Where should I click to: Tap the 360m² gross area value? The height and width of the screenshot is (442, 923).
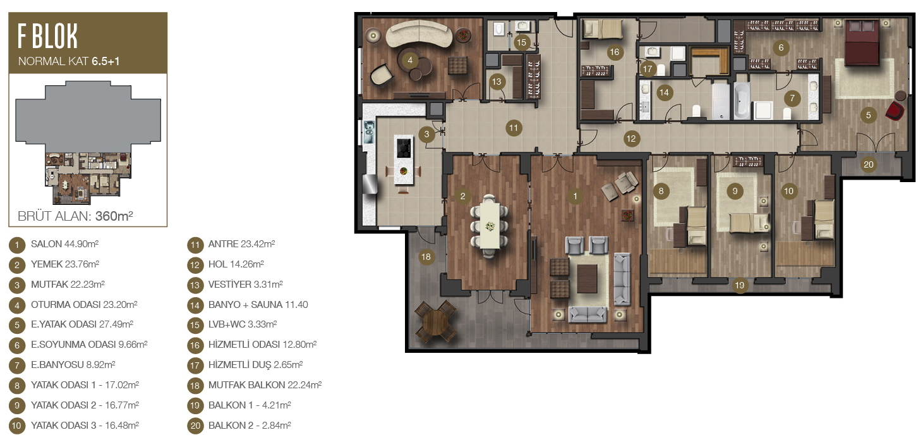(114, 216)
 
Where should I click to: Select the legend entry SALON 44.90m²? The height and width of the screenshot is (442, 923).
(64, 244)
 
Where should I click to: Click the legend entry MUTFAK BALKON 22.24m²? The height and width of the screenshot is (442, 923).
(265, 385)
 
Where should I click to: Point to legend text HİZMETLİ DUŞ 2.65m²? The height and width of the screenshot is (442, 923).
(255, 365)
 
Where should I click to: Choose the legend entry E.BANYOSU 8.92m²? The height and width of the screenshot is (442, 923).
(73, 365)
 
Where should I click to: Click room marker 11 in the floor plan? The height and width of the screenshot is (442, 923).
(513, 128)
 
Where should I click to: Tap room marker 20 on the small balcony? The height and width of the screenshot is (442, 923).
(868, 164)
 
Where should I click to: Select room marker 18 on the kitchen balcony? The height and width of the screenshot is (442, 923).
(426, 257)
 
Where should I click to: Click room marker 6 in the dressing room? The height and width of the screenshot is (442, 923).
(781, 47)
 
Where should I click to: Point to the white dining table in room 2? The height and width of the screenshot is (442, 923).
(490, 226)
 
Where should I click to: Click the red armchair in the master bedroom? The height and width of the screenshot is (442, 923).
(895, 111)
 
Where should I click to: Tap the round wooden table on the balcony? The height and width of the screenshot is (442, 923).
(435, 322)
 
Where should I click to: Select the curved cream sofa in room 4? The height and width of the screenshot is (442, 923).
(419, 33)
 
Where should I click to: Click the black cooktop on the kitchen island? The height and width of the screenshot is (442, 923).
(404, 148)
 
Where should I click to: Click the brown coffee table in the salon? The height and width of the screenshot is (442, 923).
(587, 278)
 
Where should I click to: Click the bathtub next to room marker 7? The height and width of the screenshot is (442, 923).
(741, 100)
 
